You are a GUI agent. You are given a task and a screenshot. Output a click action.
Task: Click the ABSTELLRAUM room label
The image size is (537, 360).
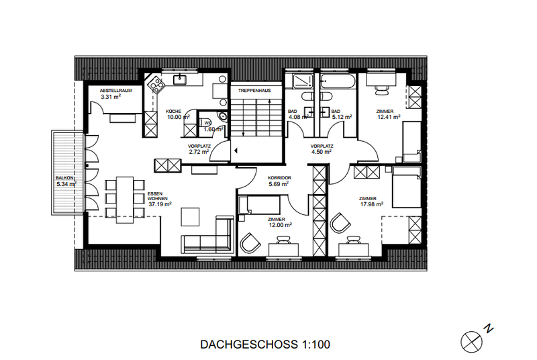pos(115,91)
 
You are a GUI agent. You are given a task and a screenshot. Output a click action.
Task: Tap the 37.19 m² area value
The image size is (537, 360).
pos(160,204)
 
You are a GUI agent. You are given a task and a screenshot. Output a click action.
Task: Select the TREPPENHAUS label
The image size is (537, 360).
pos(254,91)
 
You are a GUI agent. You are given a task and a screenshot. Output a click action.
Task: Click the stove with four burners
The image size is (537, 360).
pos(155,84)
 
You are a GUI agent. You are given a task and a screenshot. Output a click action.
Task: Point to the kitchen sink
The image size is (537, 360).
pos(179,80)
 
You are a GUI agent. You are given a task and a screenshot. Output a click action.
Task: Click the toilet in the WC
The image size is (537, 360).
pos(223,116)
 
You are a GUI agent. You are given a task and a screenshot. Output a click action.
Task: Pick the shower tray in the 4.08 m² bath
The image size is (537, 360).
pos(303,81)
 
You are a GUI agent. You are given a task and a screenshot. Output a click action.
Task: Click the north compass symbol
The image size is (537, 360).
pos(472,342)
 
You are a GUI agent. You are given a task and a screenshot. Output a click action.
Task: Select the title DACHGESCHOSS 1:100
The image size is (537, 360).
pos(265,345)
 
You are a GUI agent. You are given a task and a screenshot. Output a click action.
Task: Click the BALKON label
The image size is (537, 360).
pos(64,178)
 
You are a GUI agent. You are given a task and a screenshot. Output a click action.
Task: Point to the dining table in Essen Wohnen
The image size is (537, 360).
pos(125,199)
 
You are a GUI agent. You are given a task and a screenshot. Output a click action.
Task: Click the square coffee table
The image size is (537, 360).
pos(190,217)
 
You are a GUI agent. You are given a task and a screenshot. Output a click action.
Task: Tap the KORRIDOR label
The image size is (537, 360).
pos(279,178)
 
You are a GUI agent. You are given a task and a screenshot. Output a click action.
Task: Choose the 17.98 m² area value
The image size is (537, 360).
pos(372,204)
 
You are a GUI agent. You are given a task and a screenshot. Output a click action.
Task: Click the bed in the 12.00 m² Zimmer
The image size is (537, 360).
pos(259,205)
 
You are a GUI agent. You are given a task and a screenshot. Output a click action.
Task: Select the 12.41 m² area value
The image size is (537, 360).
pos(389,117)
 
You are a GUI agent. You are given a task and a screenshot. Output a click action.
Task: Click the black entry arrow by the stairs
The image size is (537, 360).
pos(236,150)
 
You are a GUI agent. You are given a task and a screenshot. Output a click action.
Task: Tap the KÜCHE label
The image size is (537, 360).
pos(173,111)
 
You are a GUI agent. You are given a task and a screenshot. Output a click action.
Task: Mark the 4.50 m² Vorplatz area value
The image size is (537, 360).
pos(322,152)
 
